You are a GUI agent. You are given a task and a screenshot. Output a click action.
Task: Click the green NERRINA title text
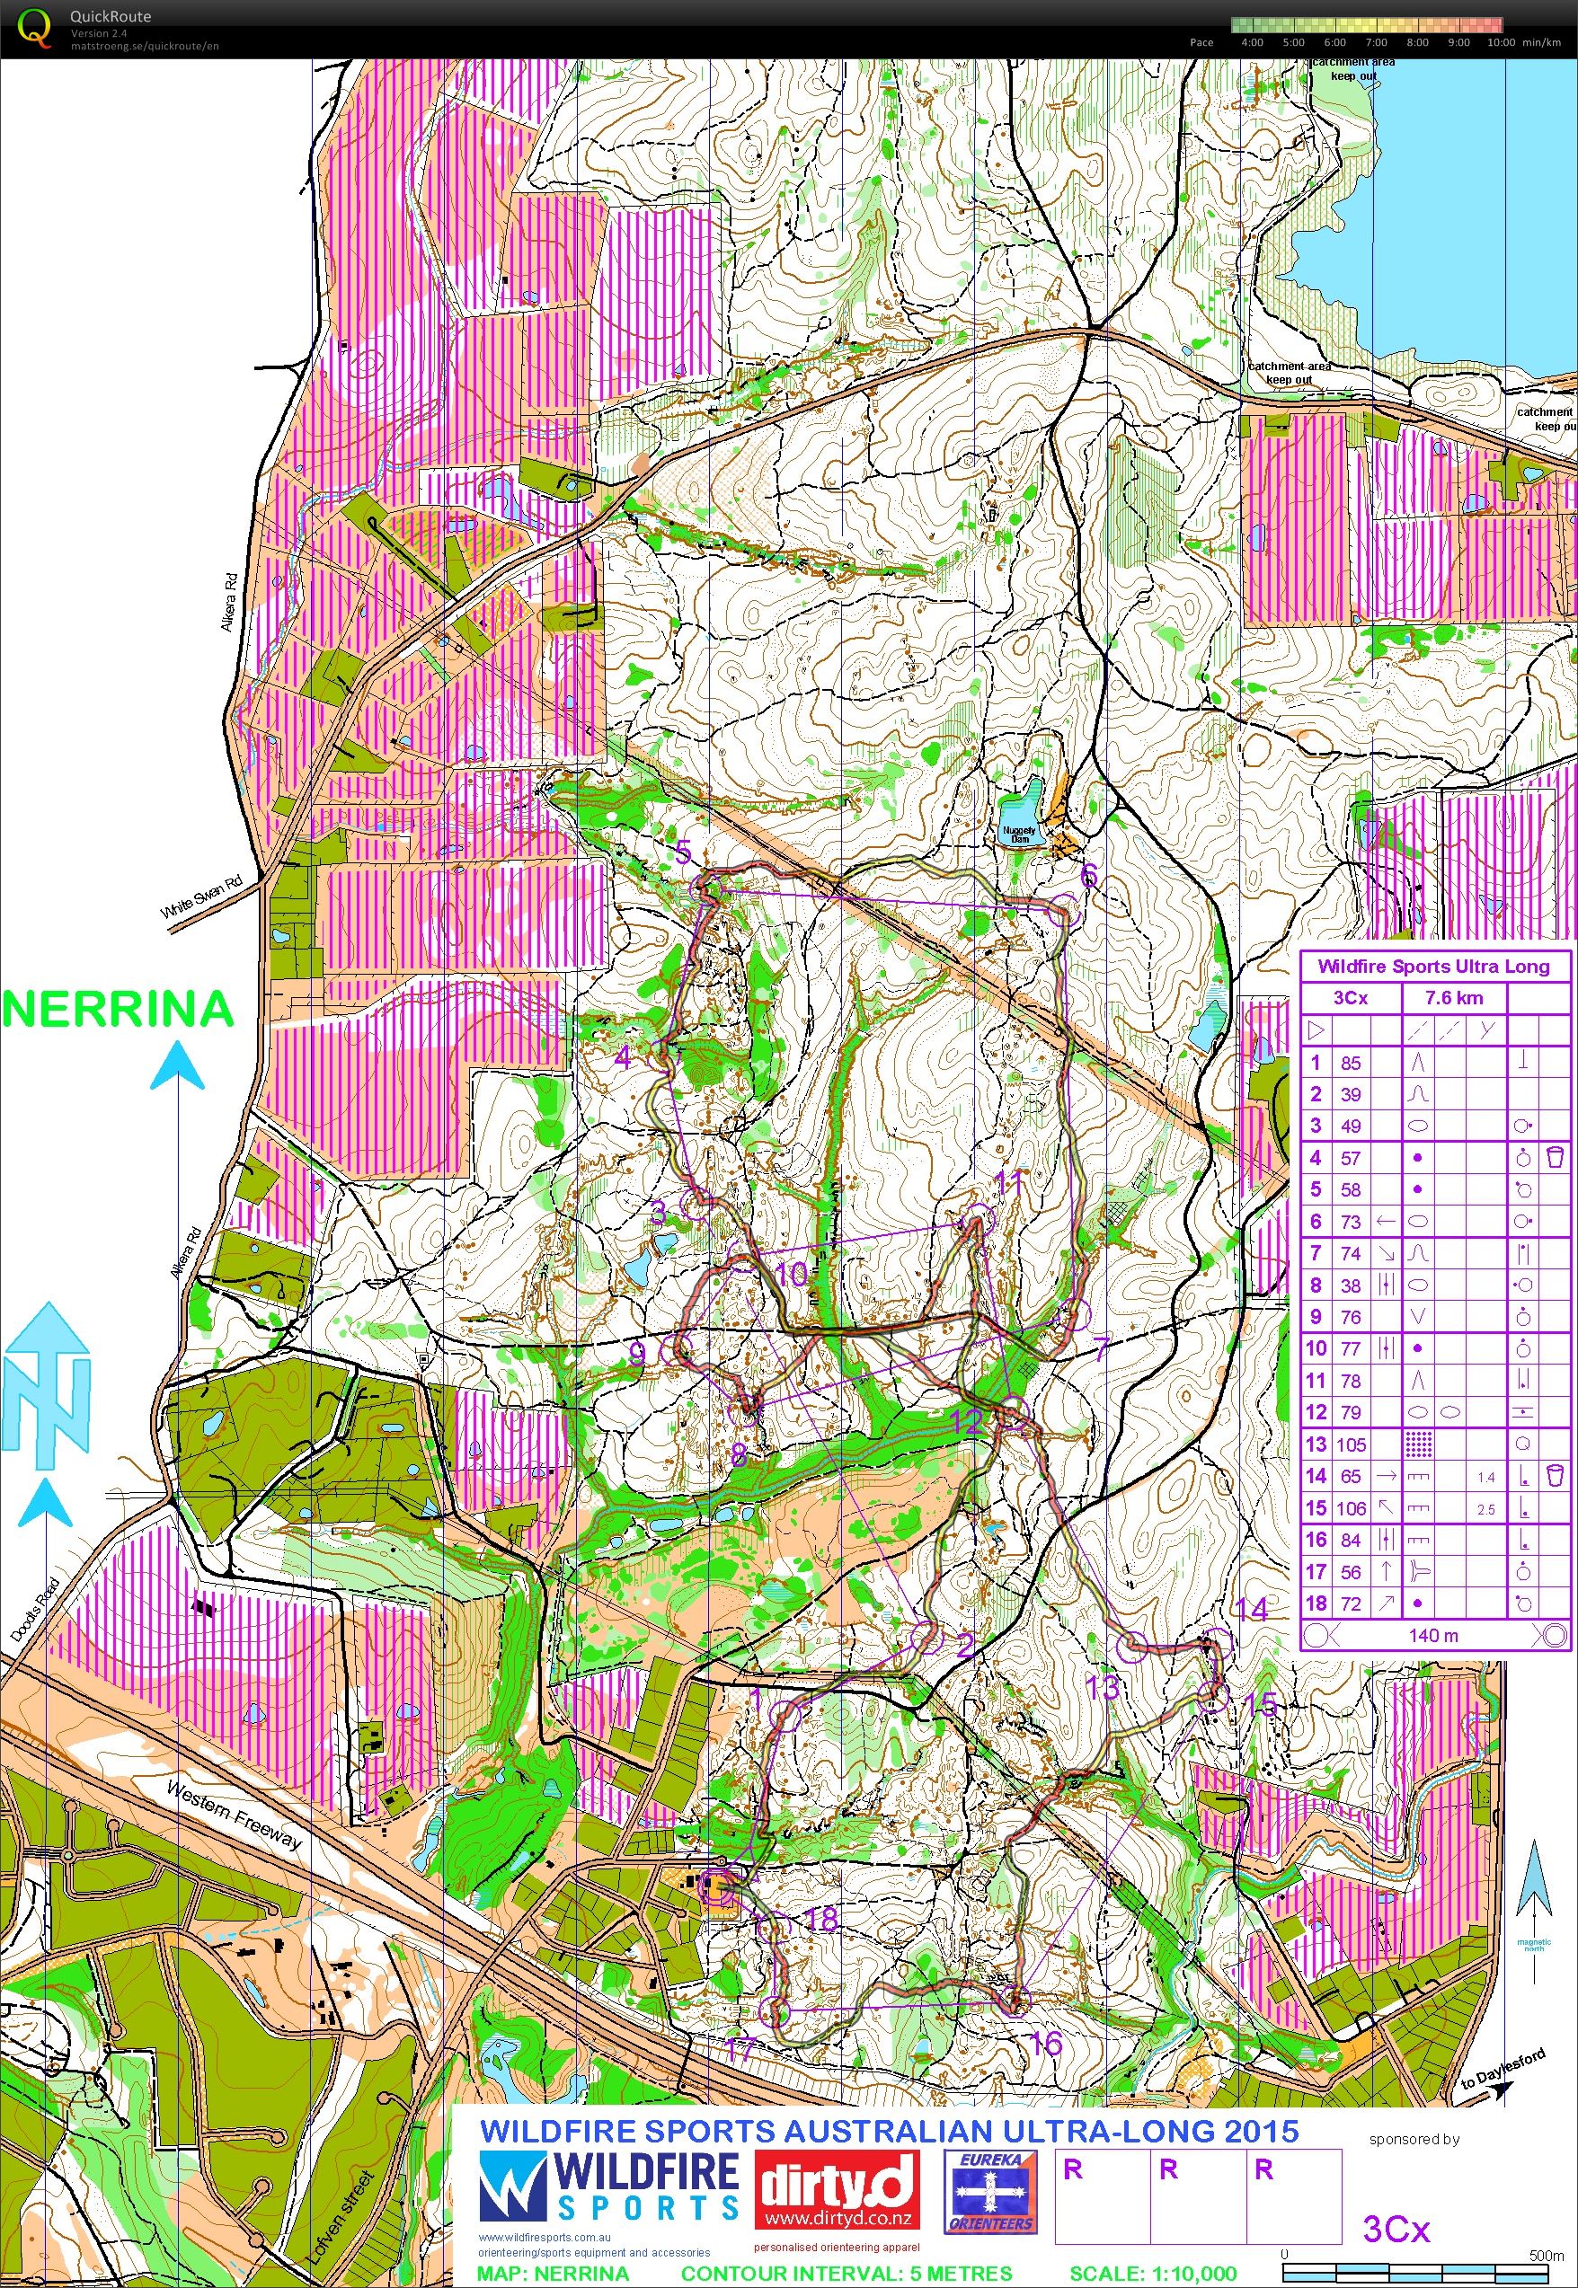point(118,1009)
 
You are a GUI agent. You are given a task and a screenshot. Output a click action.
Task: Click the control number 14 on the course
point(1251,1609)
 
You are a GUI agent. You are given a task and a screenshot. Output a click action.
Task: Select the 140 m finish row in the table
point(1432,1635)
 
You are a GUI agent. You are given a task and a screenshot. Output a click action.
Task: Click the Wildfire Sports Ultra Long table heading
point(1433,966)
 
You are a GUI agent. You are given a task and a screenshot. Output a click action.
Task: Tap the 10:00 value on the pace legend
point(1500,42)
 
